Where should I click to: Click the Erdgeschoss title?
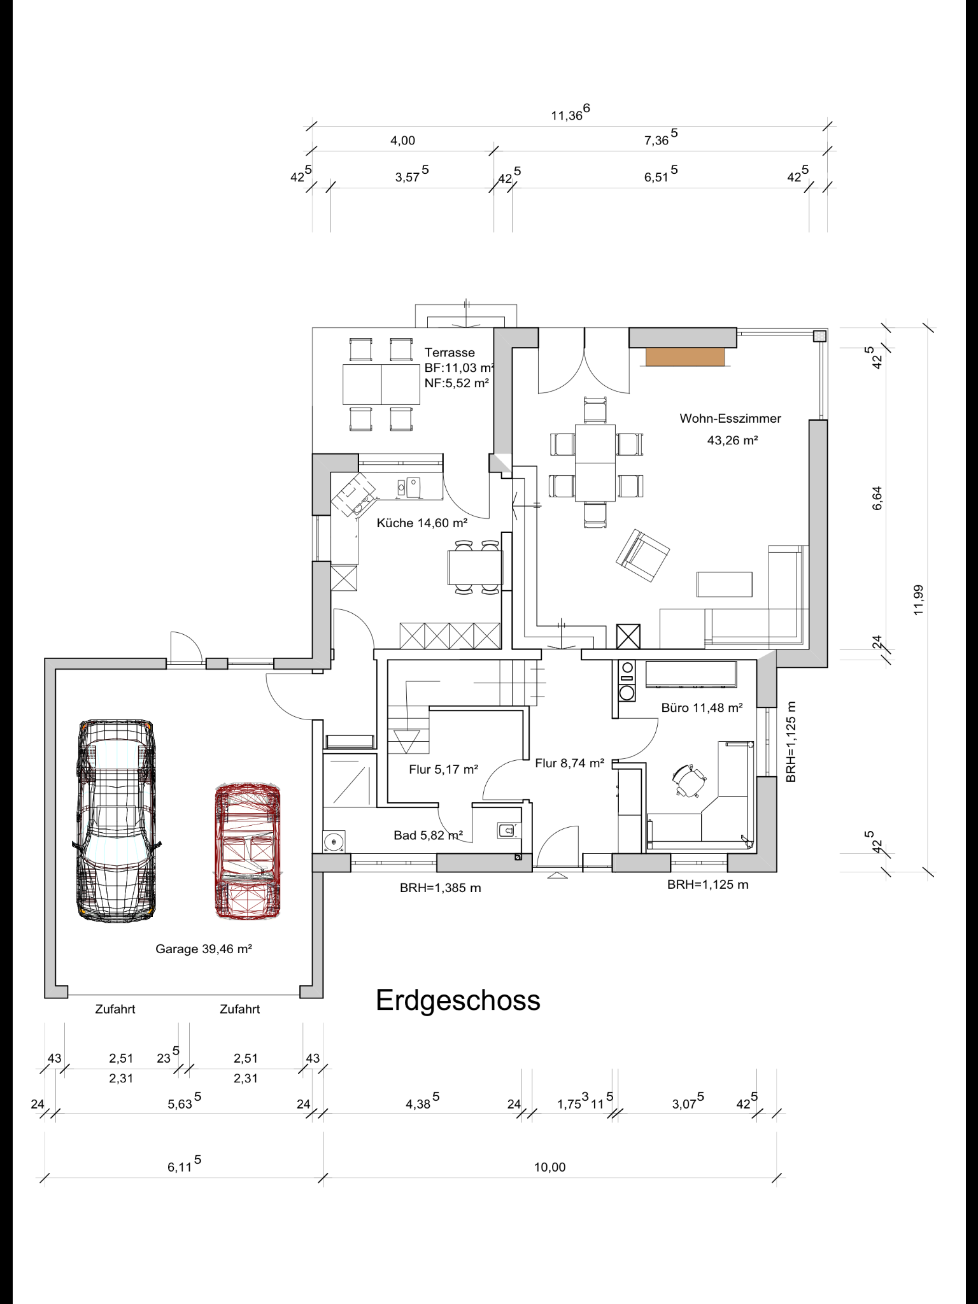[x=458, y=1001]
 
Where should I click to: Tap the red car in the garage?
[x=248, y=851]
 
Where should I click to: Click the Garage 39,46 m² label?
[x=204, y=949]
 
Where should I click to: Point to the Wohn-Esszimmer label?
[x=730, y=418]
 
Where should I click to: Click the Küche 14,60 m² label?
[x=422, y=523]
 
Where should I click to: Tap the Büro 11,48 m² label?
[x=702, y=707]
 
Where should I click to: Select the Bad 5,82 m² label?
[x=428, y=835]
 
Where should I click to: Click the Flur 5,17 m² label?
[x=443, y=769]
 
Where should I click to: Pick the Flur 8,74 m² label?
[x=569, y=763]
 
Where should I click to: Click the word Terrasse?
[x=450, y=352]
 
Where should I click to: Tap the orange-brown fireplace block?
[x=685, y=357]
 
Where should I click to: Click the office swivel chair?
[x=689, y=781]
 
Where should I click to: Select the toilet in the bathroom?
[x=507, y=830]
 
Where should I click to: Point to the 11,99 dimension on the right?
[x=918, y=599]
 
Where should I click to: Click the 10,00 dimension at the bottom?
[x=549, y=1167]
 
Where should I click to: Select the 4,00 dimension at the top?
[x=402, y=140]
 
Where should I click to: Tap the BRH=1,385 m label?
[x=440, y=888]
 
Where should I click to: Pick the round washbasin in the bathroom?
[x=334, y=842]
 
